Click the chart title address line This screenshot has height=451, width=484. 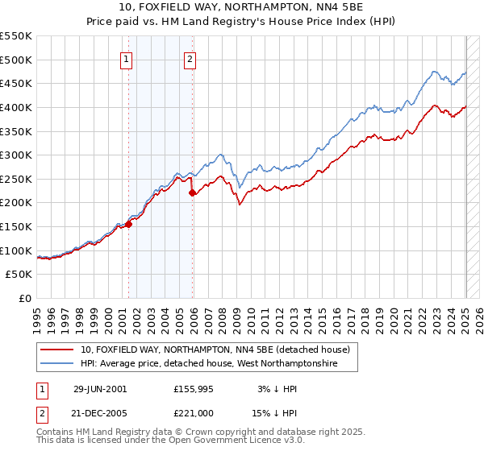click(242, 7)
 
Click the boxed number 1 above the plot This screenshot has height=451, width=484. click(127, 58)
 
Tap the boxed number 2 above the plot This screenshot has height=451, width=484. click(189, 58)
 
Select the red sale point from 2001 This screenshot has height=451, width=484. click(129, 224)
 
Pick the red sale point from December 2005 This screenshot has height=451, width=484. click(193, 192)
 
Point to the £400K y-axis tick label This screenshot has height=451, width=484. click(16, 107)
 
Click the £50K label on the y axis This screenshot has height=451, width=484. click(19, 275)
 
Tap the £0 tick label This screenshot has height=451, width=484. click(25, 299)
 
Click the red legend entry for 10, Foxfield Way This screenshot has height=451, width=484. click(215, 350)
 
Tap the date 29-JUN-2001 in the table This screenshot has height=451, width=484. click(100, 389)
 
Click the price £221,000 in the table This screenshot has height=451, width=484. click(193, 413)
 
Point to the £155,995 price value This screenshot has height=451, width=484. click(194, 389)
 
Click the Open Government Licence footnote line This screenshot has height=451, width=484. click(171, 441)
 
